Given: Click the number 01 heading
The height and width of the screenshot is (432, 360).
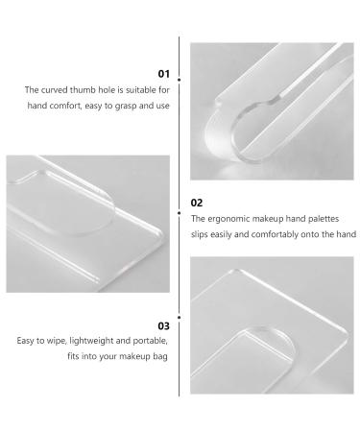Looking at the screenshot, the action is pos(163,74).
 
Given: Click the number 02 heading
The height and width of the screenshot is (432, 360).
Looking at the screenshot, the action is pos(197,203).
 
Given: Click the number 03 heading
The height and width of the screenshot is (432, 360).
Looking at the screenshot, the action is pos(163,326).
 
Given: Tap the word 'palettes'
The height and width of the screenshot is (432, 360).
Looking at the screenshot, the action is pos(324,219).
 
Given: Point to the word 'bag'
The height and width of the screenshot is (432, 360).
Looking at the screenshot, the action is pos(160,356).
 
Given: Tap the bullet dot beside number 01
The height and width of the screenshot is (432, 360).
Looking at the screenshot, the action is pos(179,80).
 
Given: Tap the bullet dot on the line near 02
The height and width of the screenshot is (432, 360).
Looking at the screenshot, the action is pos(179,213).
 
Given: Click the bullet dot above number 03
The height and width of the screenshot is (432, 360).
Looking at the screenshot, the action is pos(179,318).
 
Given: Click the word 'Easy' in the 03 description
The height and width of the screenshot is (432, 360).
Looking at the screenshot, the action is pos(25,341).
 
